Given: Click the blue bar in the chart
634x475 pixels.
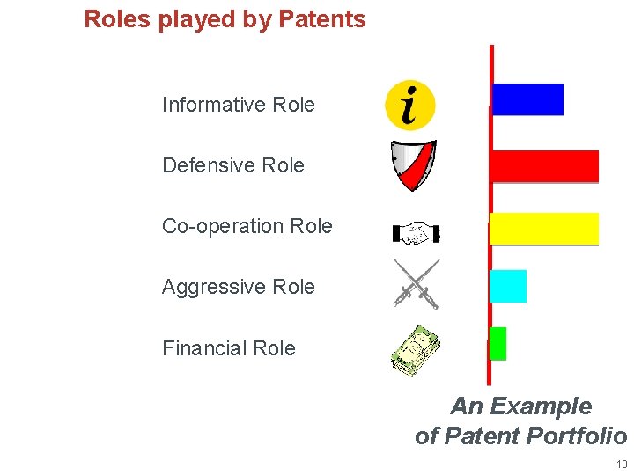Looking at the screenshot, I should click(527, 99).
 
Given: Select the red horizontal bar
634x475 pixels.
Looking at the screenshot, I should click(544, 166).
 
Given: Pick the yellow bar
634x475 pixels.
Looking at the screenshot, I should click(544, 228).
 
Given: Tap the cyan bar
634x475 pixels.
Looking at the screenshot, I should click(508, 286).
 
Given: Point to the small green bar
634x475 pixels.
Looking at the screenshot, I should click(498, 343).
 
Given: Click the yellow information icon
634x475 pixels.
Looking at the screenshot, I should click(410, 105).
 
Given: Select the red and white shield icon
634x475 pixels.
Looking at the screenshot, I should click(414, 165).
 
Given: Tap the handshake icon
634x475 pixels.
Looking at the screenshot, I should click(416, 233).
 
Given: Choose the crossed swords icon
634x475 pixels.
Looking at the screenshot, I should click(416, 283).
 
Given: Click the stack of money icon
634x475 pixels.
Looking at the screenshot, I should click(416, 348).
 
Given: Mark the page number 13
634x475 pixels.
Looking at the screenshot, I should click(622, 464).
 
